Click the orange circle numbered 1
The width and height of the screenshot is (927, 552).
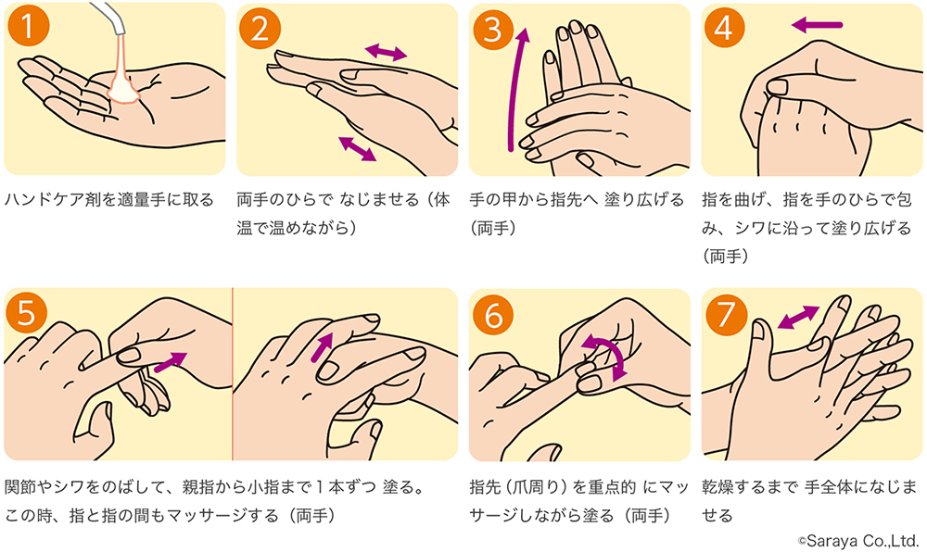28,27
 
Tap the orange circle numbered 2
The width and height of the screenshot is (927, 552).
260,27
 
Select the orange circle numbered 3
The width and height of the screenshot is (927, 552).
493,28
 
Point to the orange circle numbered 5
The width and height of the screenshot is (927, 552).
27,312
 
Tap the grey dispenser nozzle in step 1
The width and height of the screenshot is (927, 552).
110,16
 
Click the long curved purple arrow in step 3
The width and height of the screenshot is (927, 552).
514,89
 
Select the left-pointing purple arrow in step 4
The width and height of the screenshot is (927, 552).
817,25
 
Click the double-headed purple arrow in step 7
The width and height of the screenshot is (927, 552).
799,317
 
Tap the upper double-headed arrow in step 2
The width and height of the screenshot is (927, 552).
386,53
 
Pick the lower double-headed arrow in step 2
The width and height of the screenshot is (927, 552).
357,148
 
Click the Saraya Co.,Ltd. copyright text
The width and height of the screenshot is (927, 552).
857,540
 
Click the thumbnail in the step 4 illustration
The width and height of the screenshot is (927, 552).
779,87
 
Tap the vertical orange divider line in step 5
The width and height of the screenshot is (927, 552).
233,373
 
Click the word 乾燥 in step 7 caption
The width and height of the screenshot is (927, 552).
718,487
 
